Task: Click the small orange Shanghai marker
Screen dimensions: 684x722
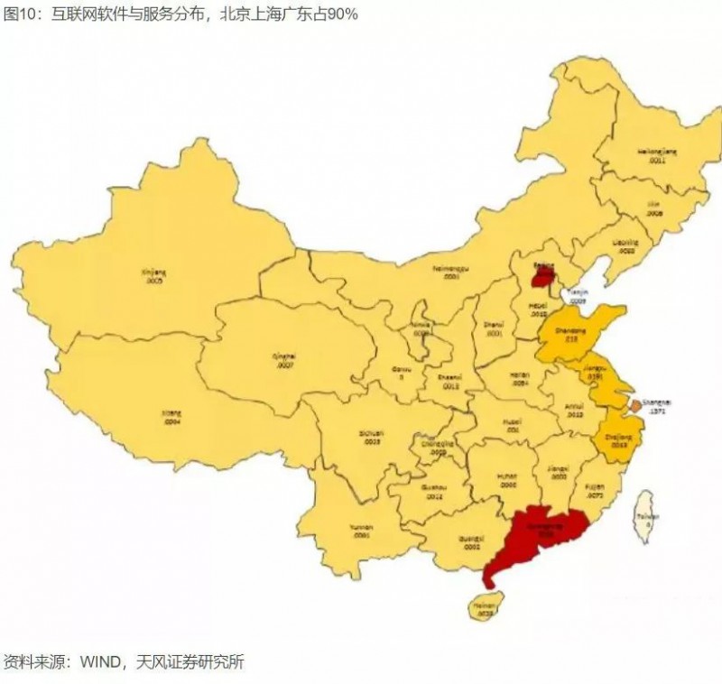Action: (x=635, y=407)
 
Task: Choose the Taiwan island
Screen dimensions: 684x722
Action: (x=646, y=517)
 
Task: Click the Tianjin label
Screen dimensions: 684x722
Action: (x=576, y=293)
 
